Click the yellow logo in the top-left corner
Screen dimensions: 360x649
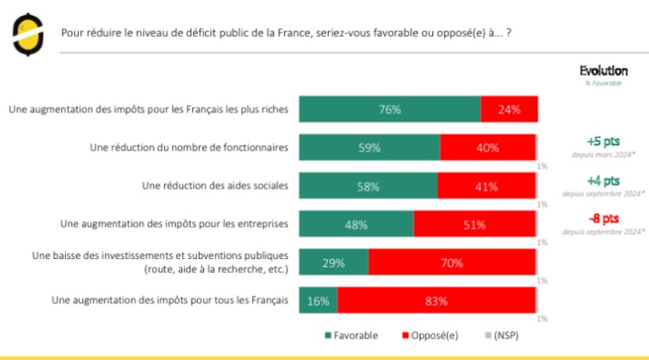(27, 34)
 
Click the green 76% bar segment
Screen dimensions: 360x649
(389, 110)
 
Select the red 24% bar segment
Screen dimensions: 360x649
(509, 110)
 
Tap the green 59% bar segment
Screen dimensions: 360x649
(369, 147)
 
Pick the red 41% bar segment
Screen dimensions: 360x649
(486, 187)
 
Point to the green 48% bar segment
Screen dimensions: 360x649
(355, 224)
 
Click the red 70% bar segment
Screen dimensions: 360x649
(451, 263)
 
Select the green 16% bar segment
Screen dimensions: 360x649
(318, 300)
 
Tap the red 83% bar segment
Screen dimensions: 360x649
(436, 300)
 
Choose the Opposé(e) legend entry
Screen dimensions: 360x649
(431, 336)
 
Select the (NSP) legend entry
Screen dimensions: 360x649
(501, 336)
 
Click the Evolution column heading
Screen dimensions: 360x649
(603, 71)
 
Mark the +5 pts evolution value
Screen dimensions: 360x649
(603, 141)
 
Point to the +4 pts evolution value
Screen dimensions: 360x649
(603, 180)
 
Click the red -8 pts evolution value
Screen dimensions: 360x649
(603, 218)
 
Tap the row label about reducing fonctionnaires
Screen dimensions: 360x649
(189, 147)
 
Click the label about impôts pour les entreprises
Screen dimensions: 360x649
(174, 224)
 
